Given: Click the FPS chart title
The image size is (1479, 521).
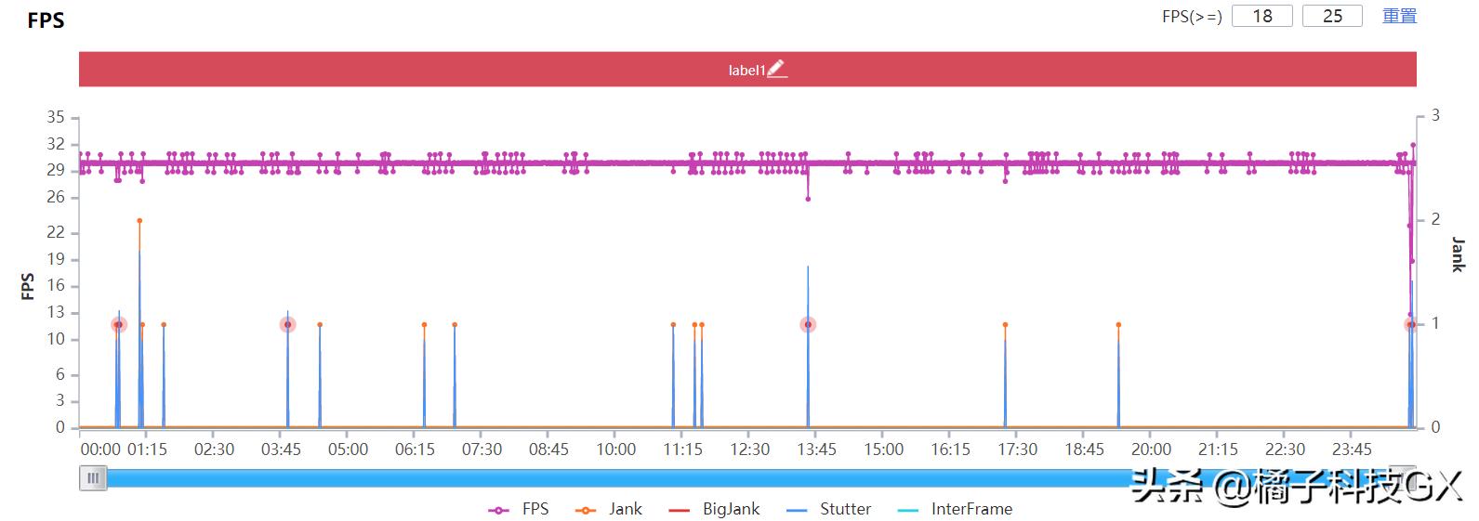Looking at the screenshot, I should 46,20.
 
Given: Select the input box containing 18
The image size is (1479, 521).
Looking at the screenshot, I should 1261,16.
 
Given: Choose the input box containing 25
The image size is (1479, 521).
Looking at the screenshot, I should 1332,16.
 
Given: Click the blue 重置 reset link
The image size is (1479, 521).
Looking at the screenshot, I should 1399,16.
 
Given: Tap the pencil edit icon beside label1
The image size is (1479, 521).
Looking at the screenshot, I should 776,69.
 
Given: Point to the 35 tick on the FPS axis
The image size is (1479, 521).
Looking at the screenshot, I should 56,117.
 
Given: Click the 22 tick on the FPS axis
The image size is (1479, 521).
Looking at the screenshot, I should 56,233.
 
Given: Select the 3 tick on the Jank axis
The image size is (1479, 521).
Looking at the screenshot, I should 1435,115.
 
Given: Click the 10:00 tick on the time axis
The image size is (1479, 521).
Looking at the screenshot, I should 615,449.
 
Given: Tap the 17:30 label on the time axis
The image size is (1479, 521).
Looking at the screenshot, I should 1017,449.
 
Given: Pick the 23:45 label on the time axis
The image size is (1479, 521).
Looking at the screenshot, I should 1352,449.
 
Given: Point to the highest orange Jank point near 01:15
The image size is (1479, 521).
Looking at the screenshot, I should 139,221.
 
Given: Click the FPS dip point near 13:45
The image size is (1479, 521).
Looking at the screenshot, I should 808,199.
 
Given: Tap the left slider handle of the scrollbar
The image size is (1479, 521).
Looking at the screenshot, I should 93,478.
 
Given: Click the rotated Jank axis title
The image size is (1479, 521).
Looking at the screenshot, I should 1458,254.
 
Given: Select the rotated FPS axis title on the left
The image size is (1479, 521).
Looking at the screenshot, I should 28,286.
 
